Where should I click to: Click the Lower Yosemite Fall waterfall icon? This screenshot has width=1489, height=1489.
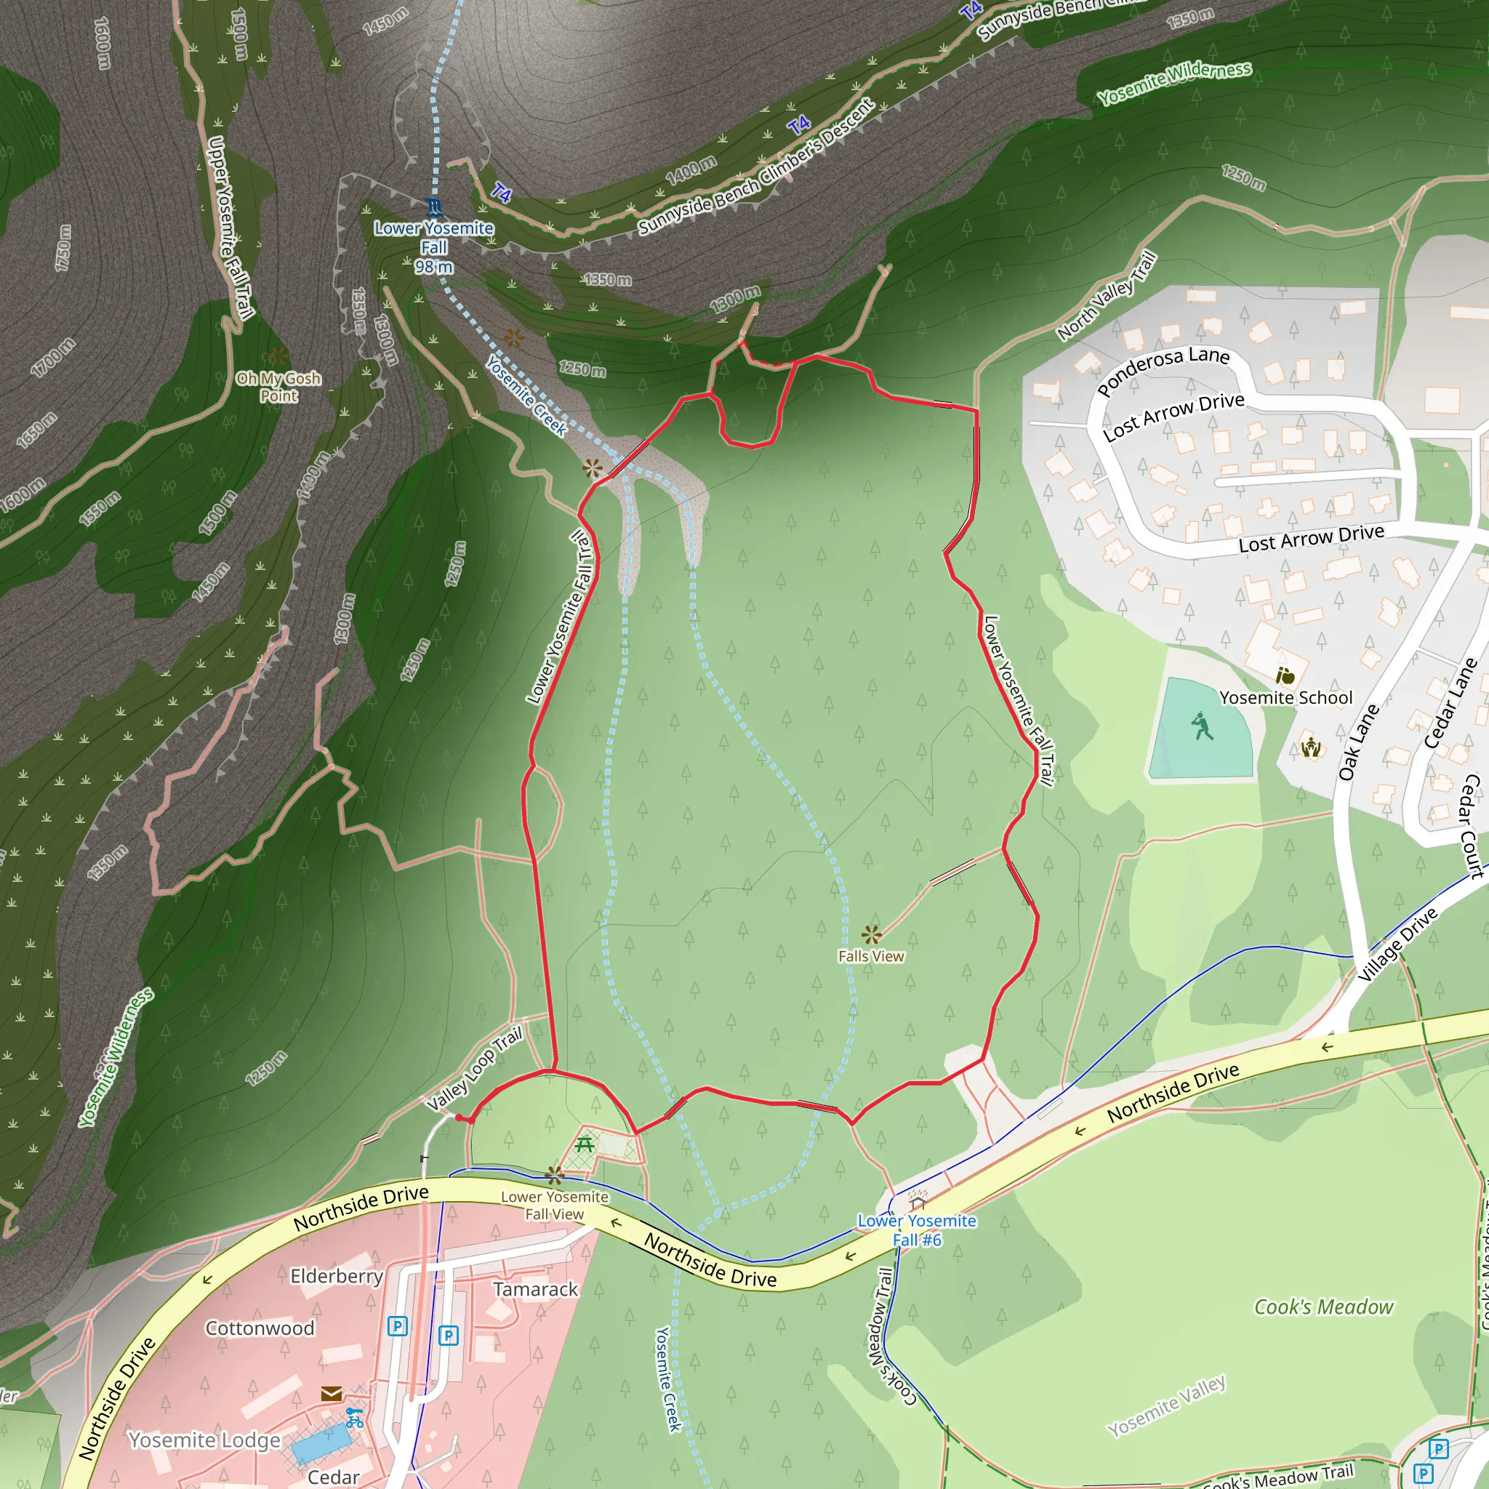[x=434, y=206]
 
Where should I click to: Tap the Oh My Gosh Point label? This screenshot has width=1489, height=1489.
[x=278, y=387]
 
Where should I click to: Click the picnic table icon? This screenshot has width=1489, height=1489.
[x=585, y=1144]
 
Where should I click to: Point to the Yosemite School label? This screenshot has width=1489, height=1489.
[x=1285, y=697]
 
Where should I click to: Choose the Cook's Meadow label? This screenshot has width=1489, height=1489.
[x=1323, y=1307]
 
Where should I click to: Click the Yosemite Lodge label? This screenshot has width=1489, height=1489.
[x=204, y=1440]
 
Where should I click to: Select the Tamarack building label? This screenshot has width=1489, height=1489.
[x=535, y=1289]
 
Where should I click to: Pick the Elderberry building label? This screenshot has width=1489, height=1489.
[x=337, y=1276]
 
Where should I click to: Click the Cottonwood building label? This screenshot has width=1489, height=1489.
[x=260, y=1328]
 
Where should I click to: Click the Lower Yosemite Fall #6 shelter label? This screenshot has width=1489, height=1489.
[x=916, y=1230]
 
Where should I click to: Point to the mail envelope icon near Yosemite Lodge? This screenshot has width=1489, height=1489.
[x=332, y=1392]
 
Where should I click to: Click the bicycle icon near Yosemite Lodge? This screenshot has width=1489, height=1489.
[x=355, y=1417]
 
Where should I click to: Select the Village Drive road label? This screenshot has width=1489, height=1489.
[x=1397, y=944]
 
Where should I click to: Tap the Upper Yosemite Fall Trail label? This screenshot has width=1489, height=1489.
[x=230, y=228]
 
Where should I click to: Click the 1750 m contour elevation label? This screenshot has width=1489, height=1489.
[x=63, y=247]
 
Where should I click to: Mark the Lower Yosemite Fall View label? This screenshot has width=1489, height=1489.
[x=554, y=1205]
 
